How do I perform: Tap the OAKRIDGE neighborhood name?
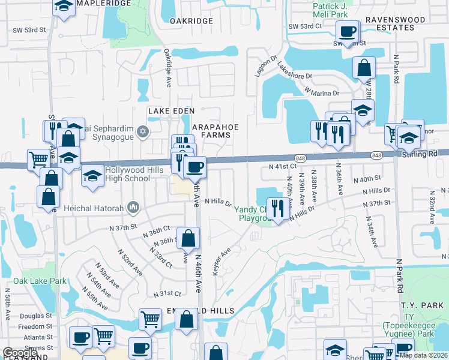click(x=191, y=21)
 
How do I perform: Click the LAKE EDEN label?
click(x=168, y=112)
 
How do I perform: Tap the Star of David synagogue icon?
click(x=142, y=131)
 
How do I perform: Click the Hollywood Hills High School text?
click(x=127, y=174)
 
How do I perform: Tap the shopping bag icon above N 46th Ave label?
click(x=188, y=238)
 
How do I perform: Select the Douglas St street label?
click(x=35, y=316)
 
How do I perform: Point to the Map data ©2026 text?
click(x=423, y=355)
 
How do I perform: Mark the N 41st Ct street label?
click(x=283, y=166)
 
